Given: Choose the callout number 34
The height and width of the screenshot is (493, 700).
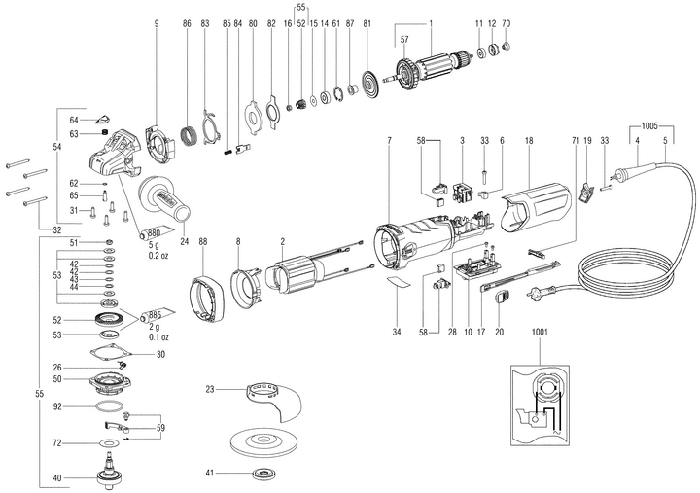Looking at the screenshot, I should [395, 331].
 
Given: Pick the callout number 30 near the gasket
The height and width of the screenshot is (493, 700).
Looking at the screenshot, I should [161, 354].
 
